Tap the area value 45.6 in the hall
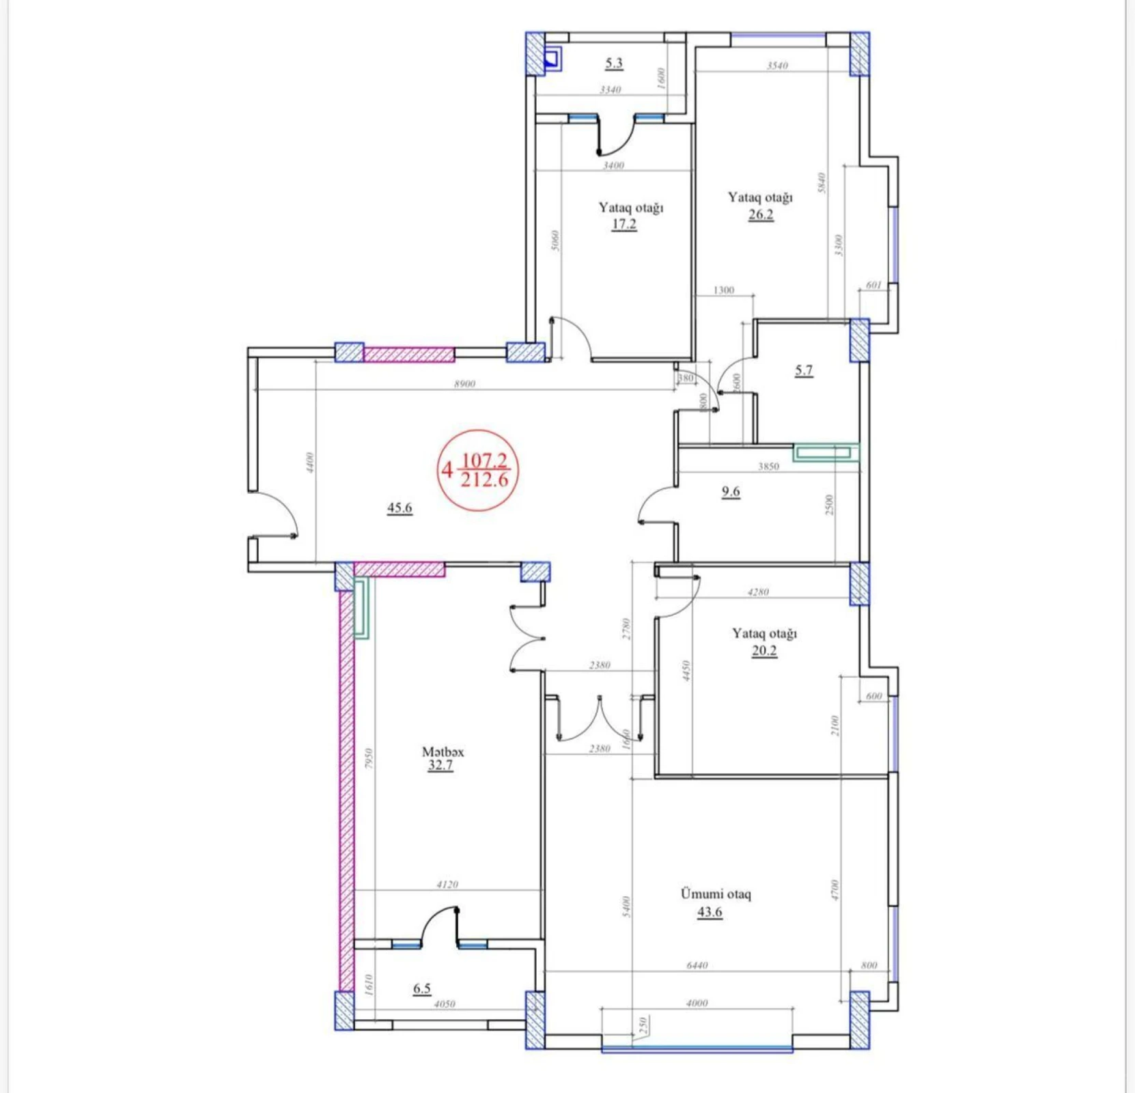click(400, 508)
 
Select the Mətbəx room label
click(443, 751)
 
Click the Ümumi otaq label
click(716, 894)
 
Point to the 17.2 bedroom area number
click(624, 224)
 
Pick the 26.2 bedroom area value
click(761, 215)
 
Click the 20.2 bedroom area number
click(764, 650)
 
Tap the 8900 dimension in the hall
click(464, 384)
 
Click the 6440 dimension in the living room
click(697, 965)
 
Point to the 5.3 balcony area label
click(614, 63)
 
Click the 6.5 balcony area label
click(422, 988)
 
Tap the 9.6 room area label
click(731, 491)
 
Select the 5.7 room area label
click(804, 370)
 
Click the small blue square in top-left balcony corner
click(552, 59)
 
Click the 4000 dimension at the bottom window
click(697, 1003)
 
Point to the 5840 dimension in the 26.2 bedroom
click(822, 182)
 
